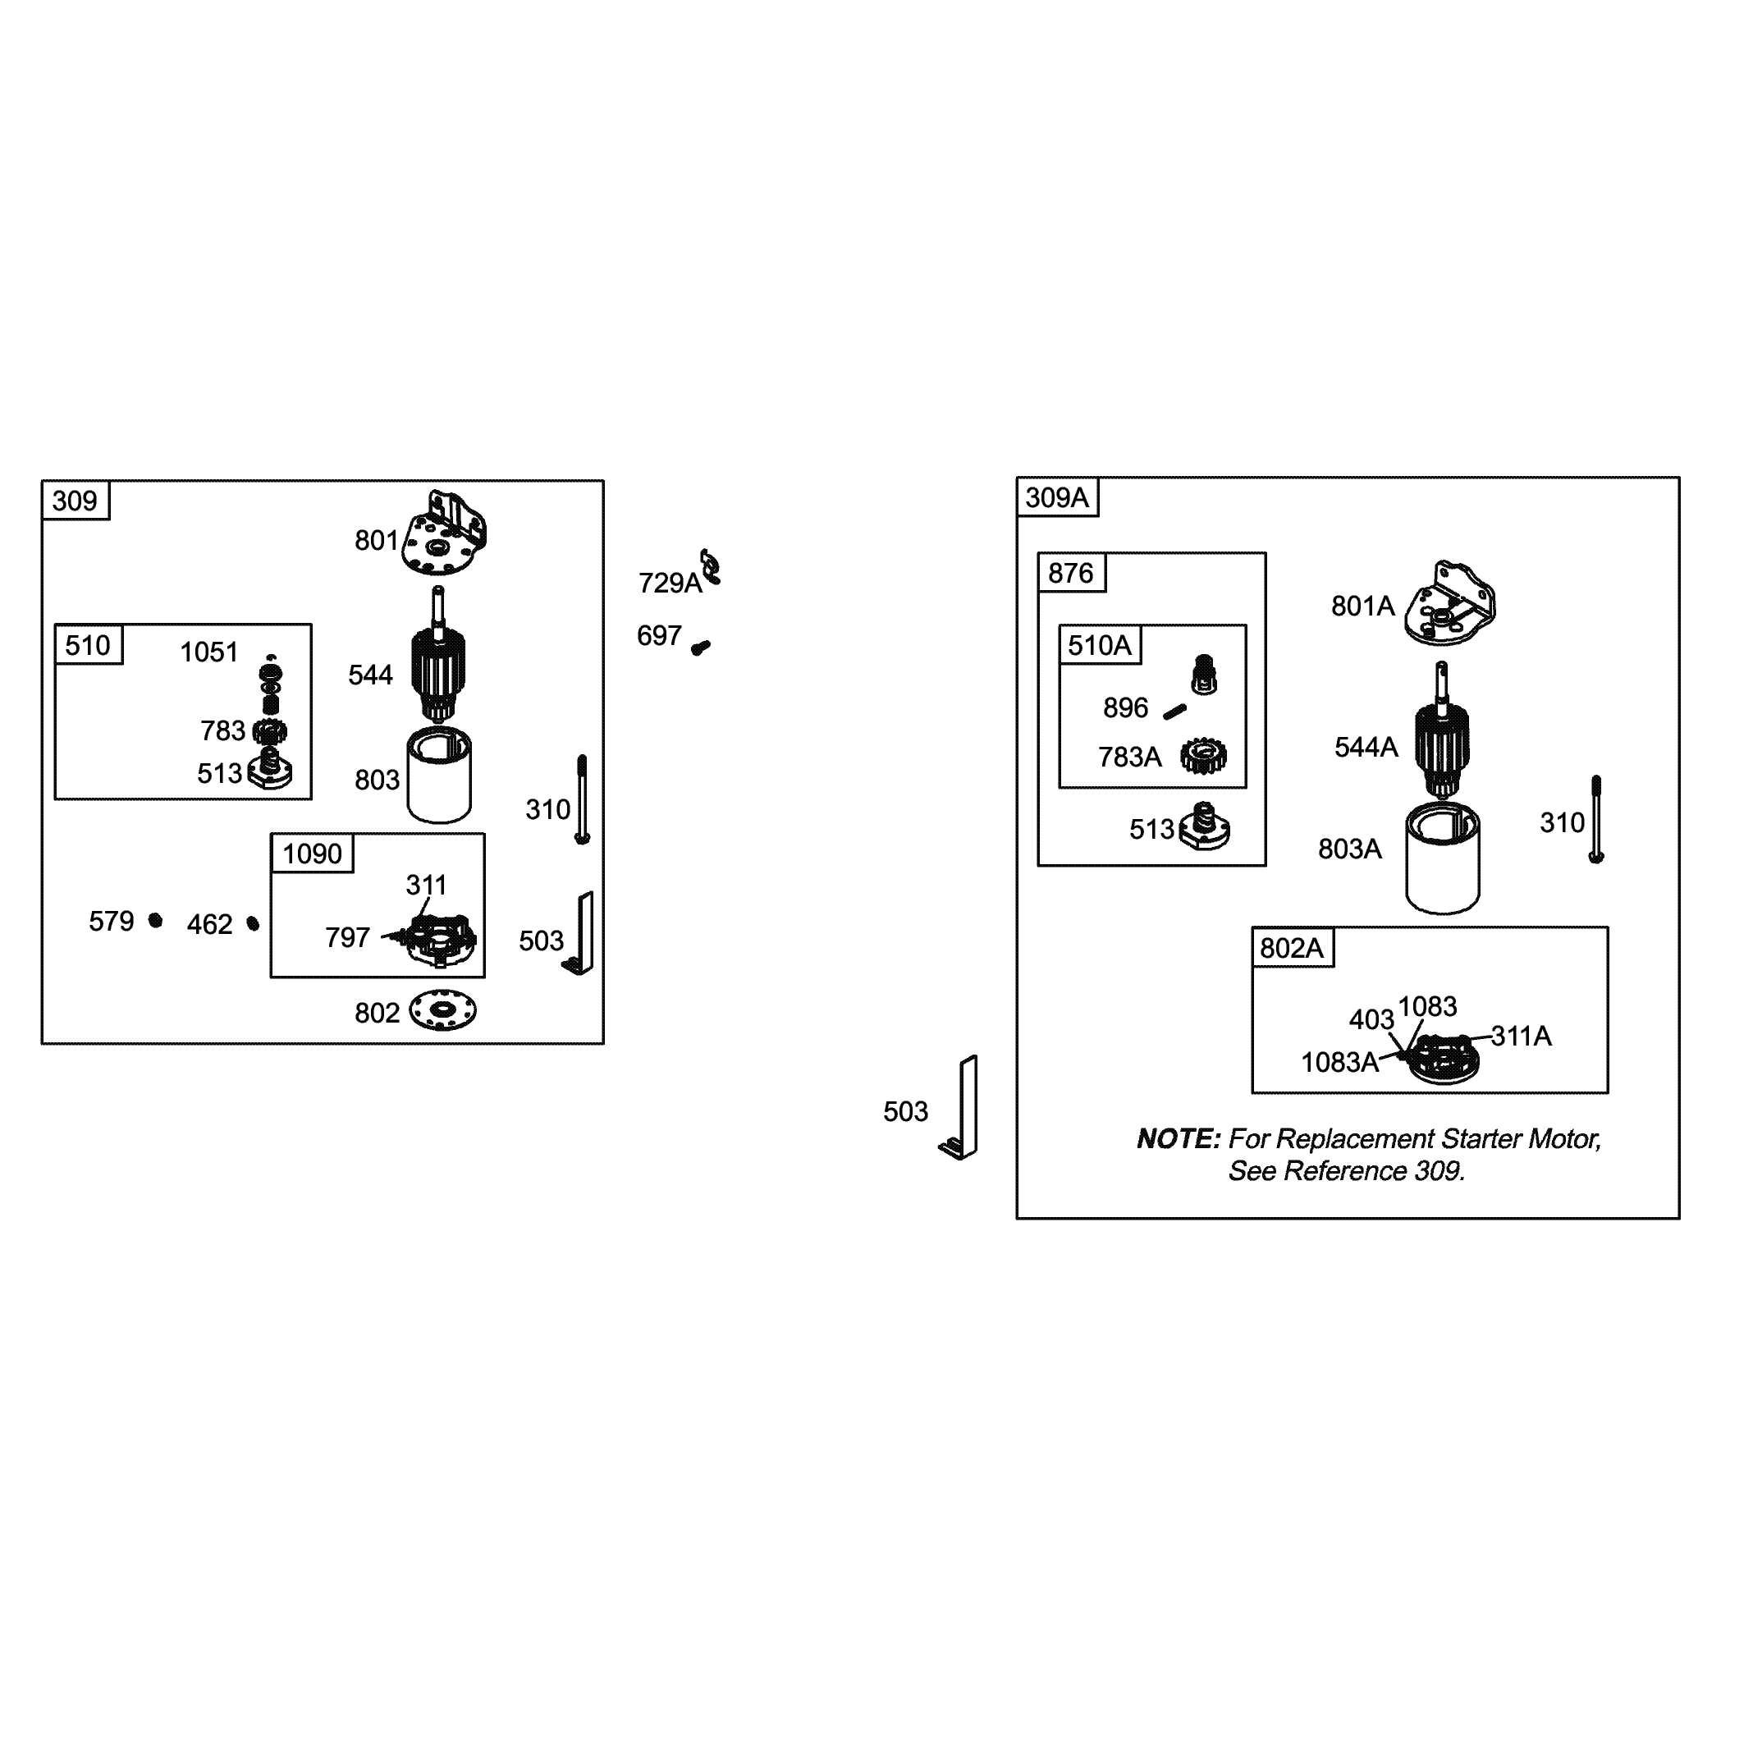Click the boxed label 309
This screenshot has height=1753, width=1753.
pyautogui.click(x=75, y=501)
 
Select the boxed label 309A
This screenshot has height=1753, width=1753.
pyautogui.click(x=1057, y=497)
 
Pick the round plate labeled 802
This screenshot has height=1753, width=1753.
pyautogui.click(x=443, y=1011)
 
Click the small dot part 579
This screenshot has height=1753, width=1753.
pyautogui.click(x=156, y=921)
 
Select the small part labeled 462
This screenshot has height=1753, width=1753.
pyautogui.click(x=253, y=923)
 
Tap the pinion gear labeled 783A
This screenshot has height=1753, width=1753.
pyautogui.click(x=1204, y=756)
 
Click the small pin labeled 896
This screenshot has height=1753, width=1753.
pyautogui.click(x=1175, y=712)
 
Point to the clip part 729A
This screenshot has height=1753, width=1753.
pyautogui.click(x=711, y=566)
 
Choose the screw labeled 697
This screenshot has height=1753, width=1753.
pyautogui.click(x=701, y=648)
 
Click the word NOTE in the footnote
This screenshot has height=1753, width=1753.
pyautogui.click(x=1179, y=1140)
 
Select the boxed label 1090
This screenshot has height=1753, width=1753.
pyautogui.click(x=312, y=854)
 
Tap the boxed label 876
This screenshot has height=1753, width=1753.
pyautogui.click(x=1072, y=574)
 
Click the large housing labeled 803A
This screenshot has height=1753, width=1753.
pyautogui.click(x=1443, y=858)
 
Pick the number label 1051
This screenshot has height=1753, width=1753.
pyautogui.click(x=208, y=652)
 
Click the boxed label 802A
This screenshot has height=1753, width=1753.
pyautogui.click(x=1293, y=948)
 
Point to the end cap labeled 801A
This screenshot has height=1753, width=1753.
pyautogui.click(x=1449, y=604)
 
